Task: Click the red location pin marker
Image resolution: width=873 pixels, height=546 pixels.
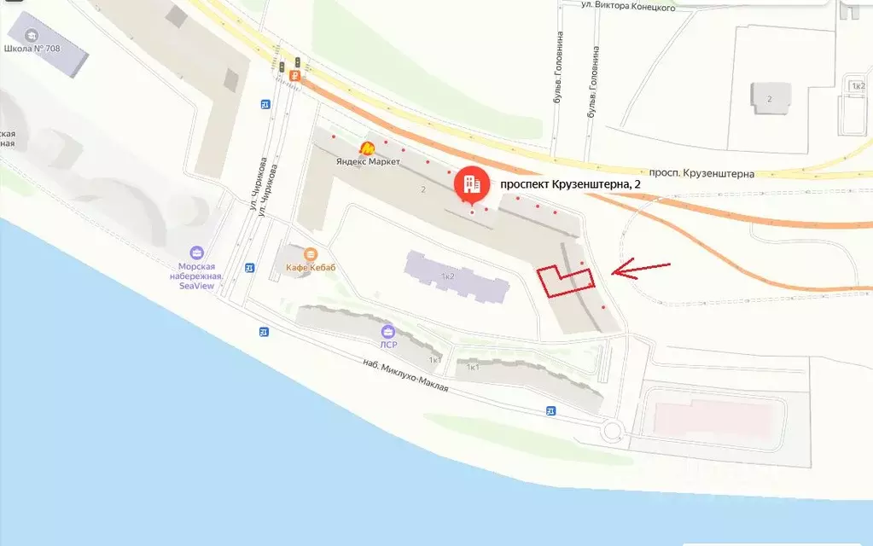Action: coord(469,183)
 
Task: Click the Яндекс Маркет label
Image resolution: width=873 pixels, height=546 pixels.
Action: coord(368,162)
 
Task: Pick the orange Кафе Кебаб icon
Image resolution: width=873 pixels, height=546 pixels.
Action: coord(310,254)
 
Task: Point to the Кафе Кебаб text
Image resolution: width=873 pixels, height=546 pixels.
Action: coord(311,268)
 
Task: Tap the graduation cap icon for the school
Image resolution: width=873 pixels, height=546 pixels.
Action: coord(32,35)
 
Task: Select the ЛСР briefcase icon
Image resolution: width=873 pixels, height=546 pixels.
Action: coord(388,331)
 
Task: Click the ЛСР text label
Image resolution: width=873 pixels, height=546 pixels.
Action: coord(388,345)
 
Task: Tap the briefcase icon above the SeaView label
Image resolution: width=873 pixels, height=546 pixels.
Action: coord(196,253)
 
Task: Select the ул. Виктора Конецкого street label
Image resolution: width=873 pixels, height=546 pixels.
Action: coord(628,7)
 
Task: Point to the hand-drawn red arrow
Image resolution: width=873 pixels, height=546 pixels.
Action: coord(642,270)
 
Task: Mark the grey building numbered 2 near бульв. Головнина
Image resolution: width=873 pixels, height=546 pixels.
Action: coord(770,98)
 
